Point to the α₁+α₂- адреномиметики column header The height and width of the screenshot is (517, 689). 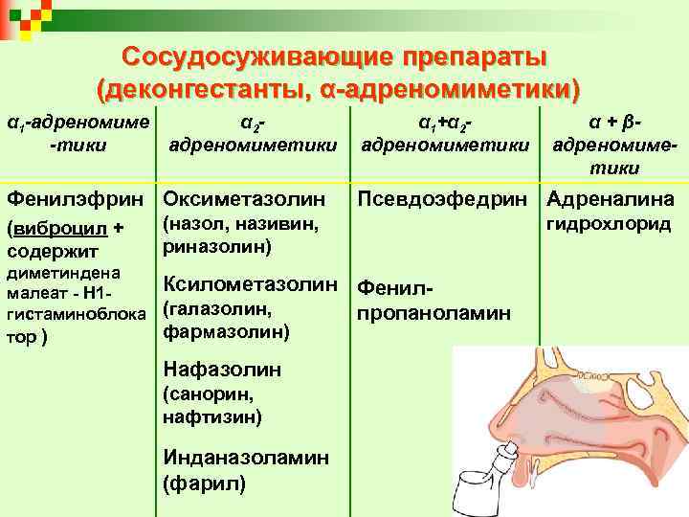[445, 134]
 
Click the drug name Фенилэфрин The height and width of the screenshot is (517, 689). [78, 201]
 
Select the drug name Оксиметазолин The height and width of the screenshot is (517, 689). [253, 201]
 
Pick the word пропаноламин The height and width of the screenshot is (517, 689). [433, 313]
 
